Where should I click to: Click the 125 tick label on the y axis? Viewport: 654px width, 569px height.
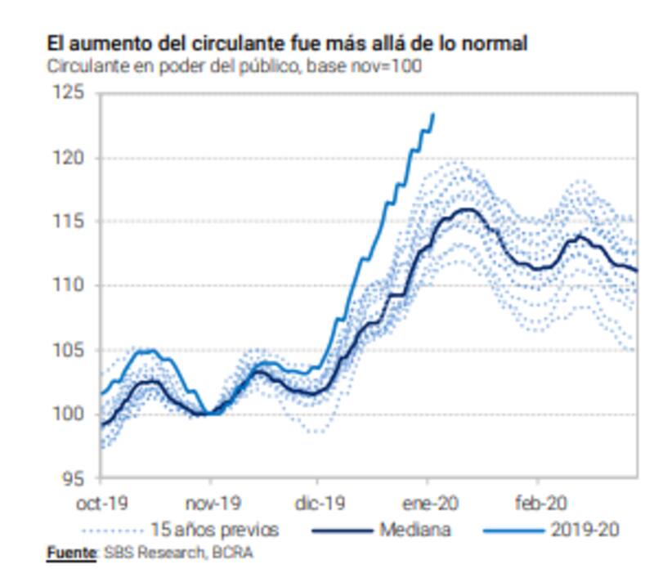(x=71, y=93)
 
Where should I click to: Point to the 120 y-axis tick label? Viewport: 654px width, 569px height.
(x=71, y=157)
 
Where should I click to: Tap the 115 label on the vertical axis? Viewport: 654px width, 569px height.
(x=71, y=221)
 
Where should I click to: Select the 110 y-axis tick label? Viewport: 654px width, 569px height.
(x=71, y=285)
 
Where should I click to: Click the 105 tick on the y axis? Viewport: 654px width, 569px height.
(x=71, y=350)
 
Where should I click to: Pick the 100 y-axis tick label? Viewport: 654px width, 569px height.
(x=71, y=414)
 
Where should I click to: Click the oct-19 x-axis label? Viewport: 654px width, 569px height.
(x=101, y=504)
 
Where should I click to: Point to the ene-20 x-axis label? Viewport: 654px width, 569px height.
(x=428, y=504)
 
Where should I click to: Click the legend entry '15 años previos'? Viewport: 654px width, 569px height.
(x=214, y=530)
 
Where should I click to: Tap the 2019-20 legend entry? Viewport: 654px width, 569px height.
(x=582, y=530)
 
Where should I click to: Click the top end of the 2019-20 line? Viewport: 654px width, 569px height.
(x=432, y=114)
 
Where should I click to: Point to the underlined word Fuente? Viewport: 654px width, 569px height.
(x=71, y=553)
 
